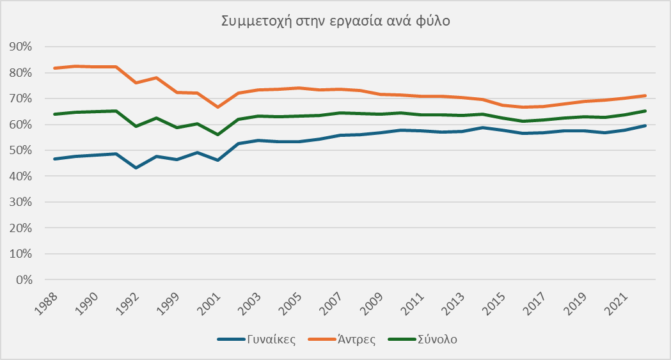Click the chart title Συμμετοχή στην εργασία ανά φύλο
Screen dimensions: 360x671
pyautogui.click(x=336, y=21)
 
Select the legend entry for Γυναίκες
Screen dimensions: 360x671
pyautogui.click(x=271, y=340)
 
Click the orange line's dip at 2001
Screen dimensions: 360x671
pyautogui.click(x=218, y=107)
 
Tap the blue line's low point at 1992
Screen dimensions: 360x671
pyautogui.click(x=136, y=168)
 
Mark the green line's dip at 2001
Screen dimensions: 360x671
pyautogui.click(x=218, y=134)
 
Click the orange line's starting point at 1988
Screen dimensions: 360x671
pyautogui.click(x=54, y=68)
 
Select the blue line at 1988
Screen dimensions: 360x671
pyautogui.click(x=54, y=159)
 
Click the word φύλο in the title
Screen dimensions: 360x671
pyautogui.click(x=436, y=21)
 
